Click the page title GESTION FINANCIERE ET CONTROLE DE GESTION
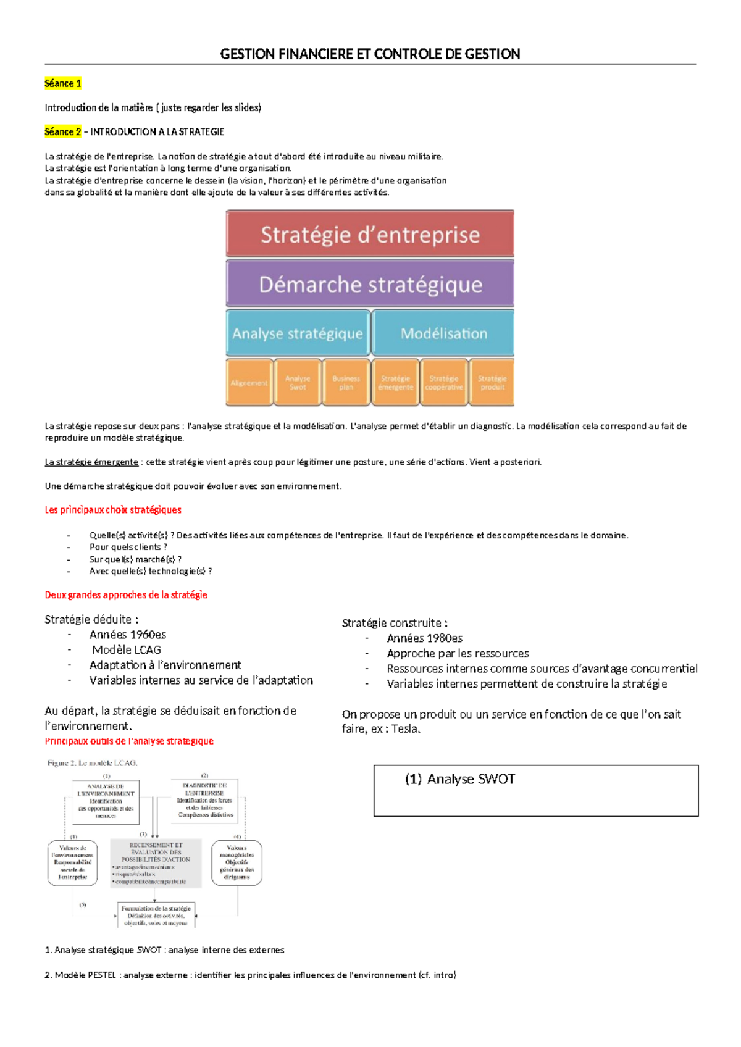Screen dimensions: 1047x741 click(370, 54)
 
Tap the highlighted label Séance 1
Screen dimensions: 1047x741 click(63, 83)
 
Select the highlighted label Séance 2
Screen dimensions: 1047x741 click(63, 131)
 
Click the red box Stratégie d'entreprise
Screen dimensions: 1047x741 click(370, 235)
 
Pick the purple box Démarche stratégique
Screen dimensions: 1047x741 click(370, 284)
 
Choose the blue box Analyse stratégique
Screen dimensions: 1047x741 click(298, 333)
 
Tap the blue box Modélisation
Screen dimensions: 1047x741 click(443, 333)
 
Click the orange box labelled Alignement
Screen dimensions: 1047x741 click(249, 383)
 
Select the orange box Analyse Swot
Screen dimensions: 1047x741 click(298, 383)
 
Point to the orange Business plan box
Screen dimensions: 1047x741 click(346, 383)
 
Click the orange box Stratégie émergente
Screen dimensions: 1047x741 click(395, 383)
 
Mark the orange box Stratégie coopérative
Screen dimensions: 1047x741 click(444, 383)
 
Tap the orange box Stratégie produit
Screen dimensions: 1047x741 click(492, 383)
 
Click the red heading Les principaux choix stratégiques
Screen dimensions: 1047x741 click(113, 510)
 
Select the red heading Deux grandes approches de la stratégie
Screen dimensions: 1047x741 click(126, 595)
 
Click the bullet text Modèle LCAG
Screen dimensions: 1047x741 click(127, 650)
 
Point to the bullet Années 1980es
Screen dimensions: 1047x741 click(425, 638)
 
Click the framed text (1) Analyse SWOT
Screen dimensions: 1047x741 click(460, 779)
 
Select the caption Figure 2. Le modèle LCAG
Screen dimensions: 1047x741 click(93, 763)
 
